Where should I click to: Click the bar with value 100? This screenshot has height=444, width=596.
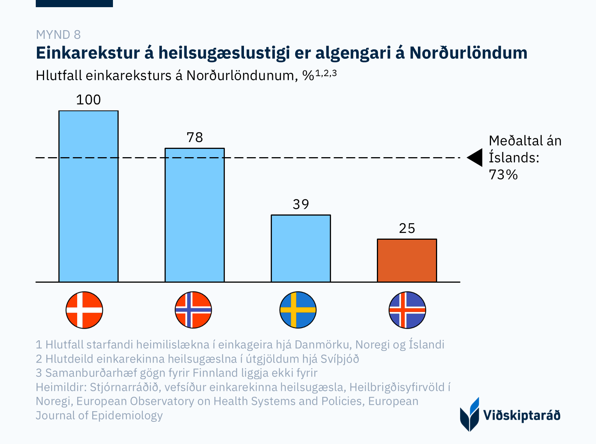point(88,196)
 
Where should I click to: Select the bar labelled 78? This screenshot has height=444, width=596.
point(195,215)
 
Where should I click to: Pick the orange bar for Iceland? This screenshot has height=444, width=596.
point(407,260)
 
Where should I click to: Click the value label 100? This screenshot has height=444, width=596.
point(88,100)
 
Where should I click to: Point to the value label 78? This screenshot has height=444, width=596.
point(195,138)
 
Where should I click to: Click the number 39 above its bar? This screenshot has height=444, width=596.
point(301,204)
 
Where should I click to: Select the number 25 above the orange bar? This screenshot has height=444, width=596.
point(407,228)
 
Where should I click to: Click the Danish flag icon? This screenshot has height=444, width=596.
point(84,310)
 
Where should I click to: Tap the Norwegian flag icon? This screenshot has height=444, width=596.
point(194,310)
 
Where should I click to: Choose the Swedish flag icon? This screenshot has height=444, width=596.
point(298,310)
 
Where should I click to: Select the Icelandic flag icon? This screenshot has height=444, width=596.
point(407,310)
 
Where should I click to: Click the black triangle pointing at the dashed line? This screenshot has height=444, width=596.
point(475,158)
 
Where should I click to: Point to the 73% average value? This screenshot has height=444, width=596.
point(503,175)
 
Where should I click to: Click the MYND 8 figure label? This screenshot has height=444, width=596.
point(58,35)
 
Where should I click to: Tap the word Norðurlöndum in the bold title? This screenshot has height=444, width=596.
point(468,53)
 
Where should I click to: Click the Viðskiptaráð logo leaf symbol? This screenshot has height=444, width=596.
point(469,415)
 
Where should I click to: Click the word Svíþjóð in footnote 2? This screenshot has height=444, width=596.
point(340,359)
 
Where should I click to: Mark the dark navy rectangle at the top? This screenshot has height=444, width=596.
point(74,3)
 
